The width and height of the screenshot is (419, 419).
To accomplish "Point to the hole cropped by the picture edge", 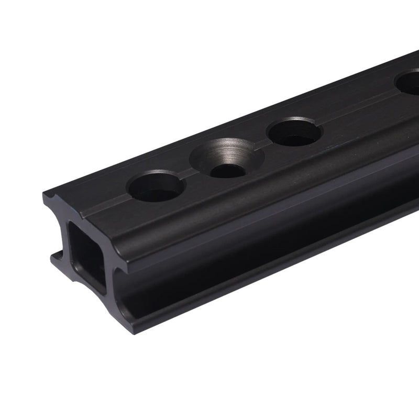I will [x=409, y=83].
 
